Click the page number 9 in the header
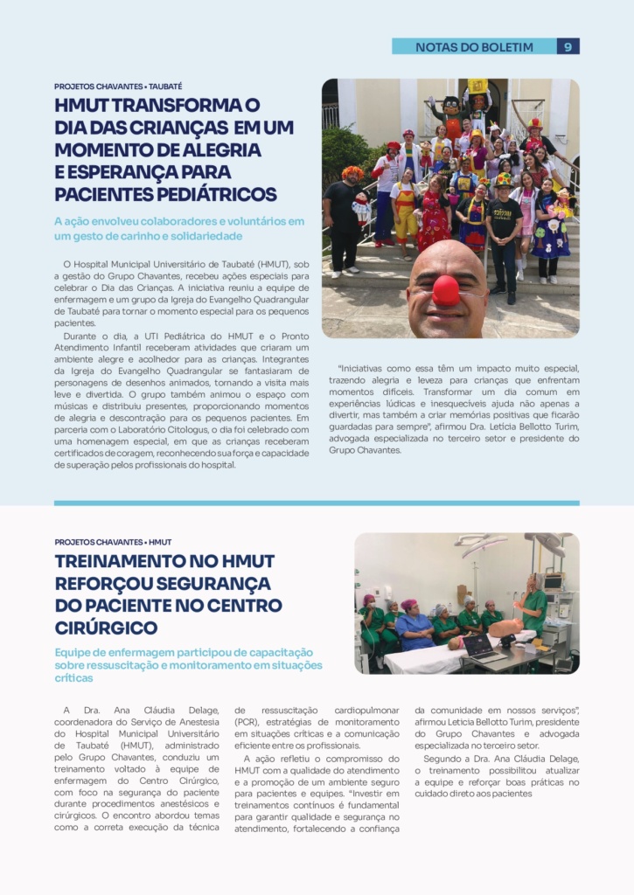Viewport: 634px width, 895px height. pos(568,47)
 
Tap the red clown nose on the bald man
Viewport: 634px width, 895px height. pos(446,290)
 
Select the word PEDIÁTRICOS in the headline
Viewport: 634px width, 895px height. pos(203,194)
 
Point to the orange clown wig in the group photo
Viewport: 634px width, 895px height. pos(352,173)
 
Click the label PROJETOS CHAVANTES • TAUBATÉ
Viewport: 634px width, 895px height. pos(118,87)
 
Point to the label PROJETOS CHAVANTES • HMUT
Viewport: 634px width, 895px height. pos(113,542)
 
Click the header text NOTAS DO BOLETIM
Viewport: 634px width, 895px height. pos(474,47)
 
